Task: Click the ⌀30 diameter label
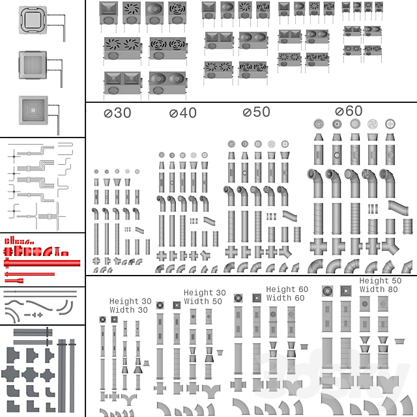pyautogui.click(x=117, y=113)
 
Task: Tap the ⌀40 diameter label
pyautogui.click(x=183, y=113)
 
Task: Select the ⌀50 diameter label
pyautogui.click(x=256, y=112)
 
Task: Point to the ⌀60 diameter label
pyautogui.click(x=349, y=111)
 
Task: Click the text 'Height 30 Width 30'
pyautogui.click(x=130, y=306)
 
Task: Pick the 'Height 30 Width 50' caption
pyautogui.click(x=205, y=297)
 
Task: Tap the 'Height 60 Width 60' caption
pyautogui.click(x=287, y=294)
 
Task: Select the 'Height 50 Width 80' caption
pyautogui.click(x=381, y=285)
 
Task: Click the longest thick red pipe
pyautogui.click(x=42, y=263)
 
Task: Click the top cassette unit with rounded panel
pyautogui.click(x=33, y=20)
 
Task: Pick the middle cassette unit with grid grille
pyautogui.click(x=33, y=65)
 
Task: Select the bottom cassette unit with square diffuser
pyautogui.click(x=33, y=110)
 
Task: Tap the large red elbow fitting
pyautogui.click(x=48, y=252)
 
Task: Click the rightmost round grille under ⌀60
pyautogui.click(x=390, y=124)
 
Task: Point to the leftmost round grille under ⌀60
pyautogui.click(x=319, y=124)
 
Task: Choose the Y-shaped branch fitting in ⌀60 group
pyautogui.click(x=390, y=246)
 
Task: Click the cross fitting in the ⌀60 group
pyautogui.click(x=319, y=246)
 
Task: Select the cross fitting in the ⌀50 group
pyautogui.click(x=231, y=252)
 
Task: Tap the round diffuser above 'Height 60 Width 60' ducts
pyautogui.click(x=238, y=298)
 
